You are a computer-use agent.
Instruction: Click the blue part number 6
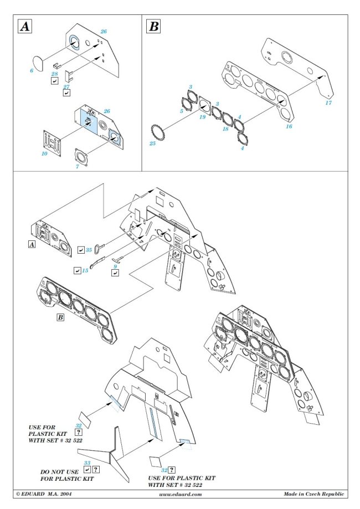tap(32, 71)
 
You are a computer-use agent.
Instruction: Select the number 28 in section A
tap(54, 74)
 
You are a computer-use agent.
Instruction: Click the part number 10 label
tap(44, 153)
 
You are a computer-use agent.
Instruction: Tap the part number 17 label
tap(328, 102)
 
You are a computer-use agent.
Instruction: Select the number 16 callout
tap(288, 126)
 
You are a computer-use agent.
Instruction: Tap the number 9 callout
tap(115, 266)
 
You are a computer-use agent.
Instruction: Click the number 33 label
tap(86, 462)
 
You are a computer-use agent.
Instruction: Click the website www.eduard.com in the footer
tap(181, 493)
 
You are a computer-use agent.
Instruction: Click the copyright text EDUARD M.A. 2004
tap(43, 493)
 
